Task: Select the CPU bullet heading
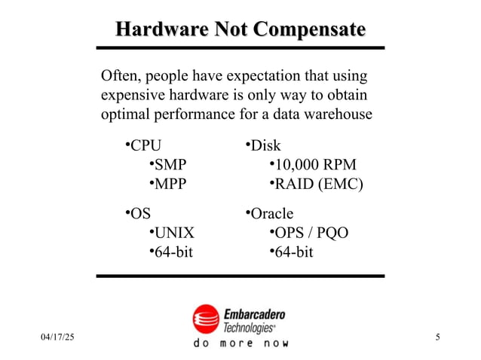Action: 146,145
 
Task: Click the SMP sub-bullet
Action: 170,165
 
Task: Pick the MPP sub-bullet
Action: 170,185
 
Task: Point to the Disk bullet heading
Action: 265,145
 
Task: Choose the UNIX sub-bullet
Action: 173,233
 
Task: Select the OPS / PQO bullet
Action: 311,233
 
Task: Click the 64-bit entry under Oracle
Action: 293,252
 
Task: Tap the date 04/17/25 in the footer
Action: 57,336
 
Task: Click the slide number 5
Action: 438,336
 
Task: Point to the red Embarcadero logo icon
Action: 205,319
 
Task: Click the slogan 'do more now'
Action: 241,343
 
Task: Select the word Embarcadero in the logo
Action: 254,313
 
